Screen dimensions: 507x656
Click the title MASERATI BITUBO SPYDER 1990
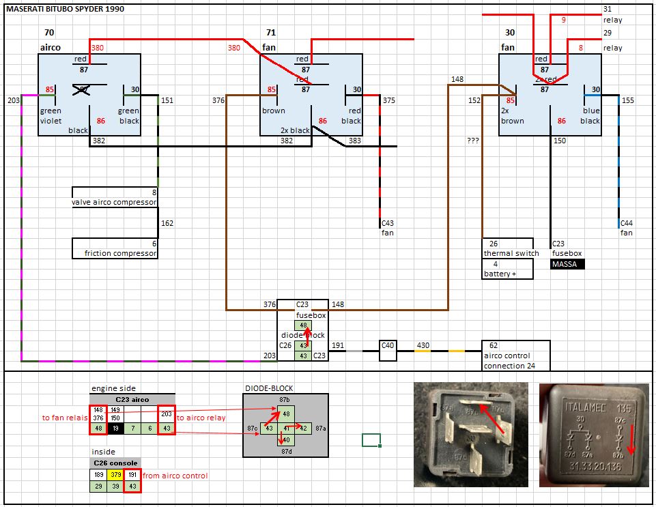point(66,9)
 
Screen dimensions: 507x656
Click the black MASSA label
point(567,264)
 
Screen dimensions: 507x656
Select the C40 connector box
point(388,346)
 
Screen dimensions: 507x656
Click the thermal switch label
point(511,253)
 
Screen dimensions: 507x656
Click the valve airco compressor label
point(114,202)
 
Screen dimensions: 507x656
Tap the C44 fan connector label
point(626,228)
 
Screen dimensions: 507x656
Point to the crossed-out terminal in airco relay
point(82,89)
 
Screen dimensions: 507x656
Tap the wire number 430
point(423,346)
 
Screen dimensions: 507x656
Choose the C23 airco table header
point(132,399)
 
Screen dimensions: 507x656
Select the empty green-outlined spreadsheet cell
point(371,440)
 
